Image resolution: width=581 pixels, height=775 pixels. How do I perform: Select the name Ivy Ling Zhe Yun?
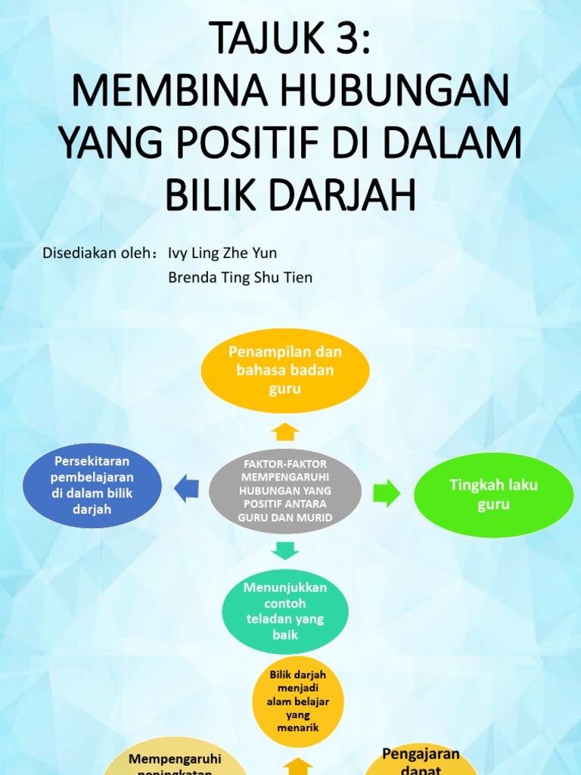tap(217, 253)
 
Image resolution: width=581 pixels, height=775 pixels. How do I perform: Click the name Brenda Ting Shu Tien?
tap(240, 278)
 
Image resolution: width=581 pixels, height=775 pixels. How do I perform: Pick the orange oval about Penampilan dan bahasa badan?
tap(284, 371)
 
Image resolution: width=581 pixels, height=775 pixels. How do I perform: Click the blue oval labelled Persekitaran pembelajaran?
tap(92, 484)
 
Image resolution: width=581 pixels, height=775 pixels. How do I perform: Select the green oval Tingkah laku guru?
tap(493, 494)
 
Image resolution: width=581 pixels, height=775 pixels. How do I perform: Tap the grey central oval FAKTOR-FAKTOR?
tap(285, 490)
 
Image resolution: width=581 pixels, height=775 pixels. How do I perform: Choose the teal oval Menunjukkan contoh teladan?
tap(284, 611)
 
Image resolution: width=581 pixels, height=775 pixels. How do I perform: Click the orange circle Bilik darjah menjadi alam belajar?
tap(298, 701)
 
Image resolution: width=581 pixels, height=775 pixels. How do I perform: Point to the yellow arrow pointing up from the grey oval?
tap(285, 431)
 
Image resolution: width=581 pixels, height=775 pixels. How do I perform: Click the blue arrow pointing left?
tap(186, 489)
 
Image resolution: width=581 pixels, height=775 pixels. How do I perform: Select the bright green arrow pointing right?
tap(387, 493)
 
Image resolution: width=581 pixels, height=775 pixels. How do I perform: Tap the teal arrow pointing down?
tap(285, 549)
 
